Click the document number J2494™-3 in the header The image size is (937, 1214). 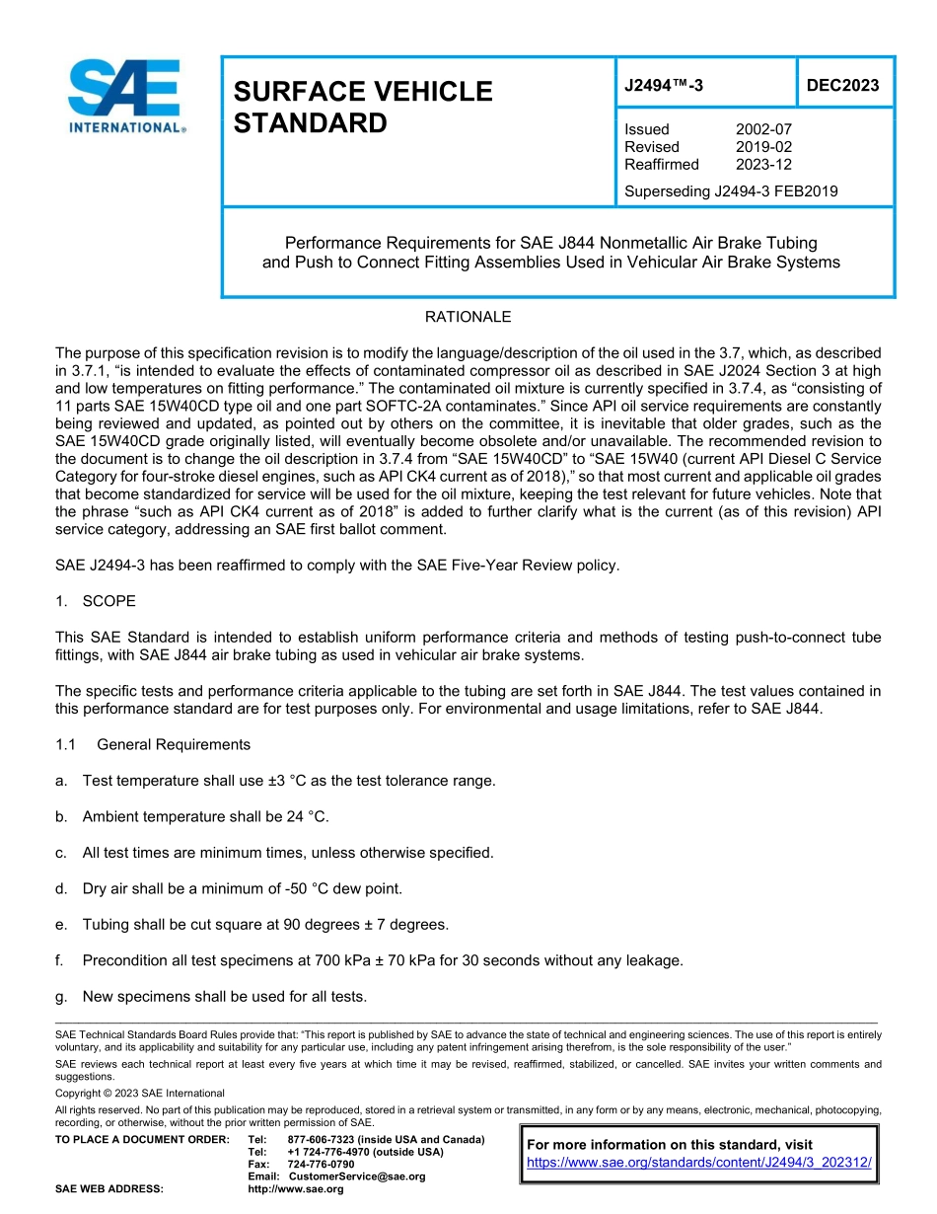[x=664, y=86]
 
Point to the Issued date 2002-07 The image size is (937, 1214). [x=762, y=129]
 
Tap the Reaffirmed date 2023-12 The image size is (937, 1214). [x=762, y=165]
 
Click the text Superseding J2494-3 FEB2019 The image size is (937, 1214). [x=731, y=191]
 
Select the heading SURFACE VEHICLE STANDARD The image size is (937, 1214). [x=362, y=107]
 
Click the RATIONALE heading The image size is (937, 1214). [x=468, y=318]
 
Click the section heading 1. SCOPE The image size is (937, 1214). [x=96, y=601]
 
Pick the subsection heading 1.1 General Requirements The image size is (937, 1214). [x=153, y=745]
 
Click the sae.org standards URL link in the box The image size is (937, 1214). [x=699, y=1164]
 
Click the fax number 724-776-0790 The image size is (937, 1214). [x=321, y=1165]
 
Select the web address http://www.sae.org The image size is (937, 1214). [x=295, y=1189]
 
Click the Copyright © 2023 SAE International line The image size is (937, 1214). [x=140, y=1094]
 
